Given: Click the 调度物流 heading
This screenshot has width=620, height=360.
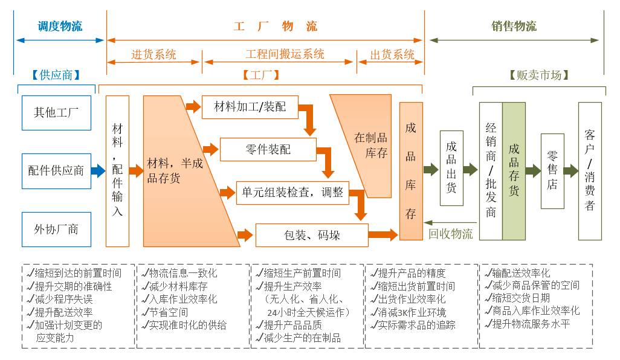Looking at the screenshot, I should point(60,26).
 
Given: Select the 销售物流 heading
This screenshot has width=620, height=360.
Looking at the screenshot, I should point(514,26).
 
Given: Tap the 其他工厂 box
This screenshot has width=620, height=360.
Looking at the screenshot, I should point(56,112).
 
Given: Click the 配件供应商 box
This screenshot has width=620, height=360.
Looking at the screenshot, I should point(56,171).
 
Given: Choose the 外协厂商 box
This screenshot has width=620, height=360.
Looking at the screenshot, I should point(56,229).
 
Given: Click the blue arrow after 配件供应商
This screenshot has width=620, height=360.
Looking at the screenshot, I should point(98,171).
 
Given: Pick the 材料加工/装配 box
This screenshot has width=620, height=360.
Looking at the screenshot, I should point(250,108).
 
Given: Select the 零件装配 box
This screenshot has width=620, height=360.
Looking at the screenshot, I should point(268,149).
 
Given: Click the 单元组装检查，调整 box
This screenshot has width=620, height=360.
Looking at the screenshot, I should point(292,192).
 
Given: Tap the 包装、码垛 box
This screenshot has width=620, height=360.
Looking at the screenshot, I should point(312,234).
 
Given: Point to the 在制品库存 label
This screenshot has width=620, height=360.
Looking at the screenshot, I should point(370,145).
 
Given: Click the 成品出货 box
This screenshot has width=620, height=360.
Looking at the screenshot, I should point(451,167).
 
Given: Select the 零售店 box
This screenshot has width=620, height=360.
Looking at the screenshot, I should point(552,171).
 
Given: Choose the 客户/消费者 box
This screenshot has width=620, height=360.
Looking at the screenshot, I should point(590,170).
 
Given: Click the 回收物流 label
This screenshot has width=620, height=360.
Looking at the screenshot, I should point(450,234).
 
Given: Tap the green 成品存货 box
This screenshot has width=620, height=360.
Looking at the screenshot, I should point(514,170).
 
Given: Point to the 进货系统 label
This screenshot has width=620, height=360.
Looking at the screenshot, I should point(154,54).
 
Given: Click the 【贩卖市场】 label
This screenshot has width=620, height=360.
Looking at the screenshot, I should point(539,75).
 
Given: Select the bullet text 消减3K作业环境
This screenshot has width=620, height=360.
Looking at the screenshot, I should point(412,312).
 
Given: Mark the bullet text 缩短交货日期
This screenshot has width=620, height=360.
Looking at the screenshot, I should point(520,298).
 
